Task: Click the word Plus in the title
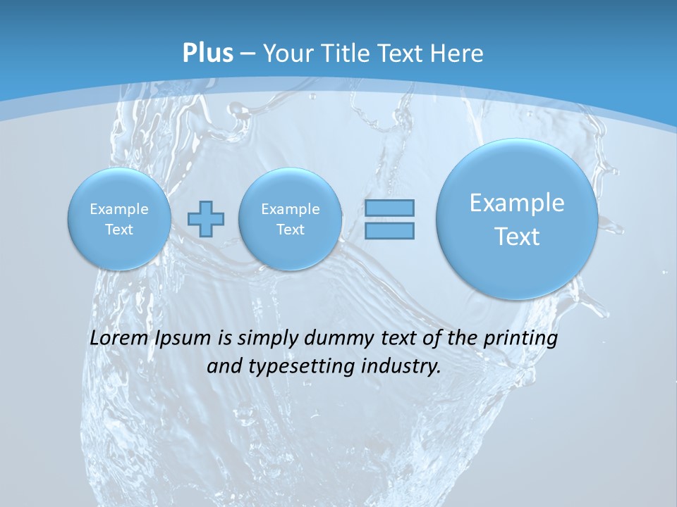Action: (x=207, y=54)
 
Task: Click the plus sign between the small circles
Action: (x=206, y=219)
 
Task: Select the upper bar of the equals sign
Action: (x=389, y=208)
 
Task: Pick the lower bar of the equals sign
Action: (x=389, y=230)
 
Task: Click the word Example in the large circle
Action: (x=517, y=203)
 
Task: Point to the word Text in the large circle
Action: (x=517, y=237)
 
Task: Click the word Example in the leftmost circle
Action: (x=119, y=209)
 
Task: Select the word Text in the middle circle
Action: (x=290, y=230)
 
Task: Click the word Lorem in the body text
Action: (x=117, y=338)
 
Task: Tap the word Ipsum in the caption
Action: (x=183, y=338)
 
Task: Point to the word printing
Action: (x=522, y=339)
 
